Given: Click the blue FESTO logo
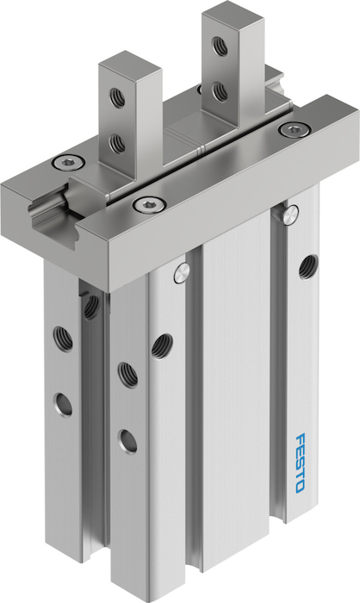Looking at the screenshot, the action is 301,463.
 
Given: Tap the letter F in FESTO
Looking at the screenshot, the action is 301,438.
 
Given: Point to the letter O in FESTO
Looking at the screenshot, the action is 300,486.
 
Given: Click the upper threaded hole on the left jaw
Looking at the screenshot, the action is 117,97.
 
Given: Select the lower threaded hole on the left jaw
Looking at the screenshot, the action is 117,143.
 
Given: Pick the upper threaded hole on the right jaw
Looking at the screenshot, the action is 220,47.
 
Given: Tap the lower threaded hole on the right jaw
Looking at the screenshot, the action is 220,91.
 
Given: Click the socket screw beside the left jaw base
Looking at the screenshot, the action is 68,162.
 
